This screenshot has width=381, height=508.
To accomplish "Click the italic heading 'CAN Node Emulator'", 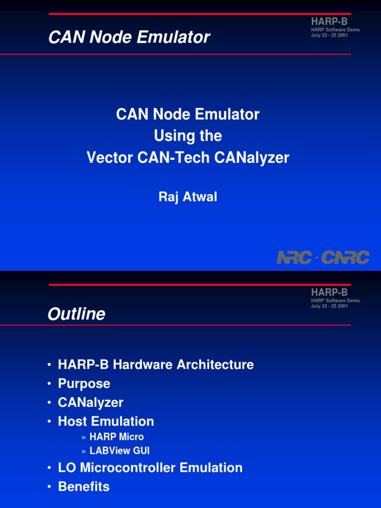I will (x=129, y=37).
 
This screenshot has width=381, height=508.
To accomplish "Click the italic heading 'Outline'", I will (x=76, y=314).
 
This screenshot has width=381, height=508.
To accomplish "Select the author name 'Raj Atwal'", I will (x=188, y=197).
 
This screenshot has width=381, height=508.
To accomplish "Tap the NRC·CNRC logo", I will (x=323, y=257).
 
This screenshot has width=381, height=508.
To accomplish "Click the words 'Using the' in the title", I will (x=188, y=136).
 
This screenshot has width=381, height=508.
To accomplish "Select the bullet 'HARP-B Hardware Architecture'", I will (x=156, y=365).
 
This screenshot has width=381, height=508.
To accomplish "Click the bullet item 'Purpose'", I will (x=84, y=383).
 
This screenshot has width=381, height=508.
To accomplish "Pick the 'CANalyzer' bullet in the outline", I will (x=90, y=402).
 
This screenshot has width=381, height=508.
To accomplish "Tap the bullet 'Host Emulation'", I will (x=106, y=421).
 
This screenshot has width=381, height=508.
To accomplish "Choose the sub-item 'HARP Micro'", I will (x=117, y=437).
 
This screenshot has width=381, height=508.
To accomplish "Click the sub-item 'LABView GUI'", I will (x=120, y=451).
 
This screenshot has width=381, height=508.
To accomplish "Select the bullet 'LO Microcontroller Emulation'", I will (x=150, y=468).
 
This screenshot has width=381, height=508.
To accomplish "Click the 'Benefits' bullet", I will (x=83, y=487).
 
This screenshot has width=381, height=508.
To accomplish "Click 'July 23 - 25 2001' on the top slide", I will (x=329, y=35).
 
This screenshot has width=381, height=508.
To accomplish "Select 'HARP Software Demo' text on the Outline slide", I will (x=335, y=301).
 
